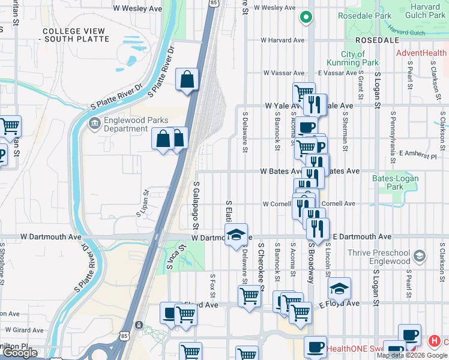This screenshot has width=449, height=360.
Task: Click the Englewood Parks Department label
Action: [x=126, y=124]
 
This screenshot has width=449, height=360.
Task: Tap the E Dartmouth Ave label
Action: [x=362, y=237]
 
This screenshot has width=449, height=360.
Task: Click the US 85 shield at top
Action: [x=214, y=4]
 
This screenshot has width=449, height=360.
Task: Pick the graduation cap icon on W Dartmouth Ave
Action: [x=237, y=235]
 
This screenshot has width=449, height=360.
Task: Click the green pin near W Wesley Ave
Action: [x=307, y=19]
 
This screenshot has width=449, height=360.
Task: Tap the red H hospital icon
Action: [x=434, y=341]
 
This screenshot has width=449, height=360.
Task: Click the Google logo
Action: [x=20, y=353]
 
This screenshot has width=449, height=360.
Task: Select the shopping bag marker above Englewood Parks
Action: [x=187, y=79]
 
